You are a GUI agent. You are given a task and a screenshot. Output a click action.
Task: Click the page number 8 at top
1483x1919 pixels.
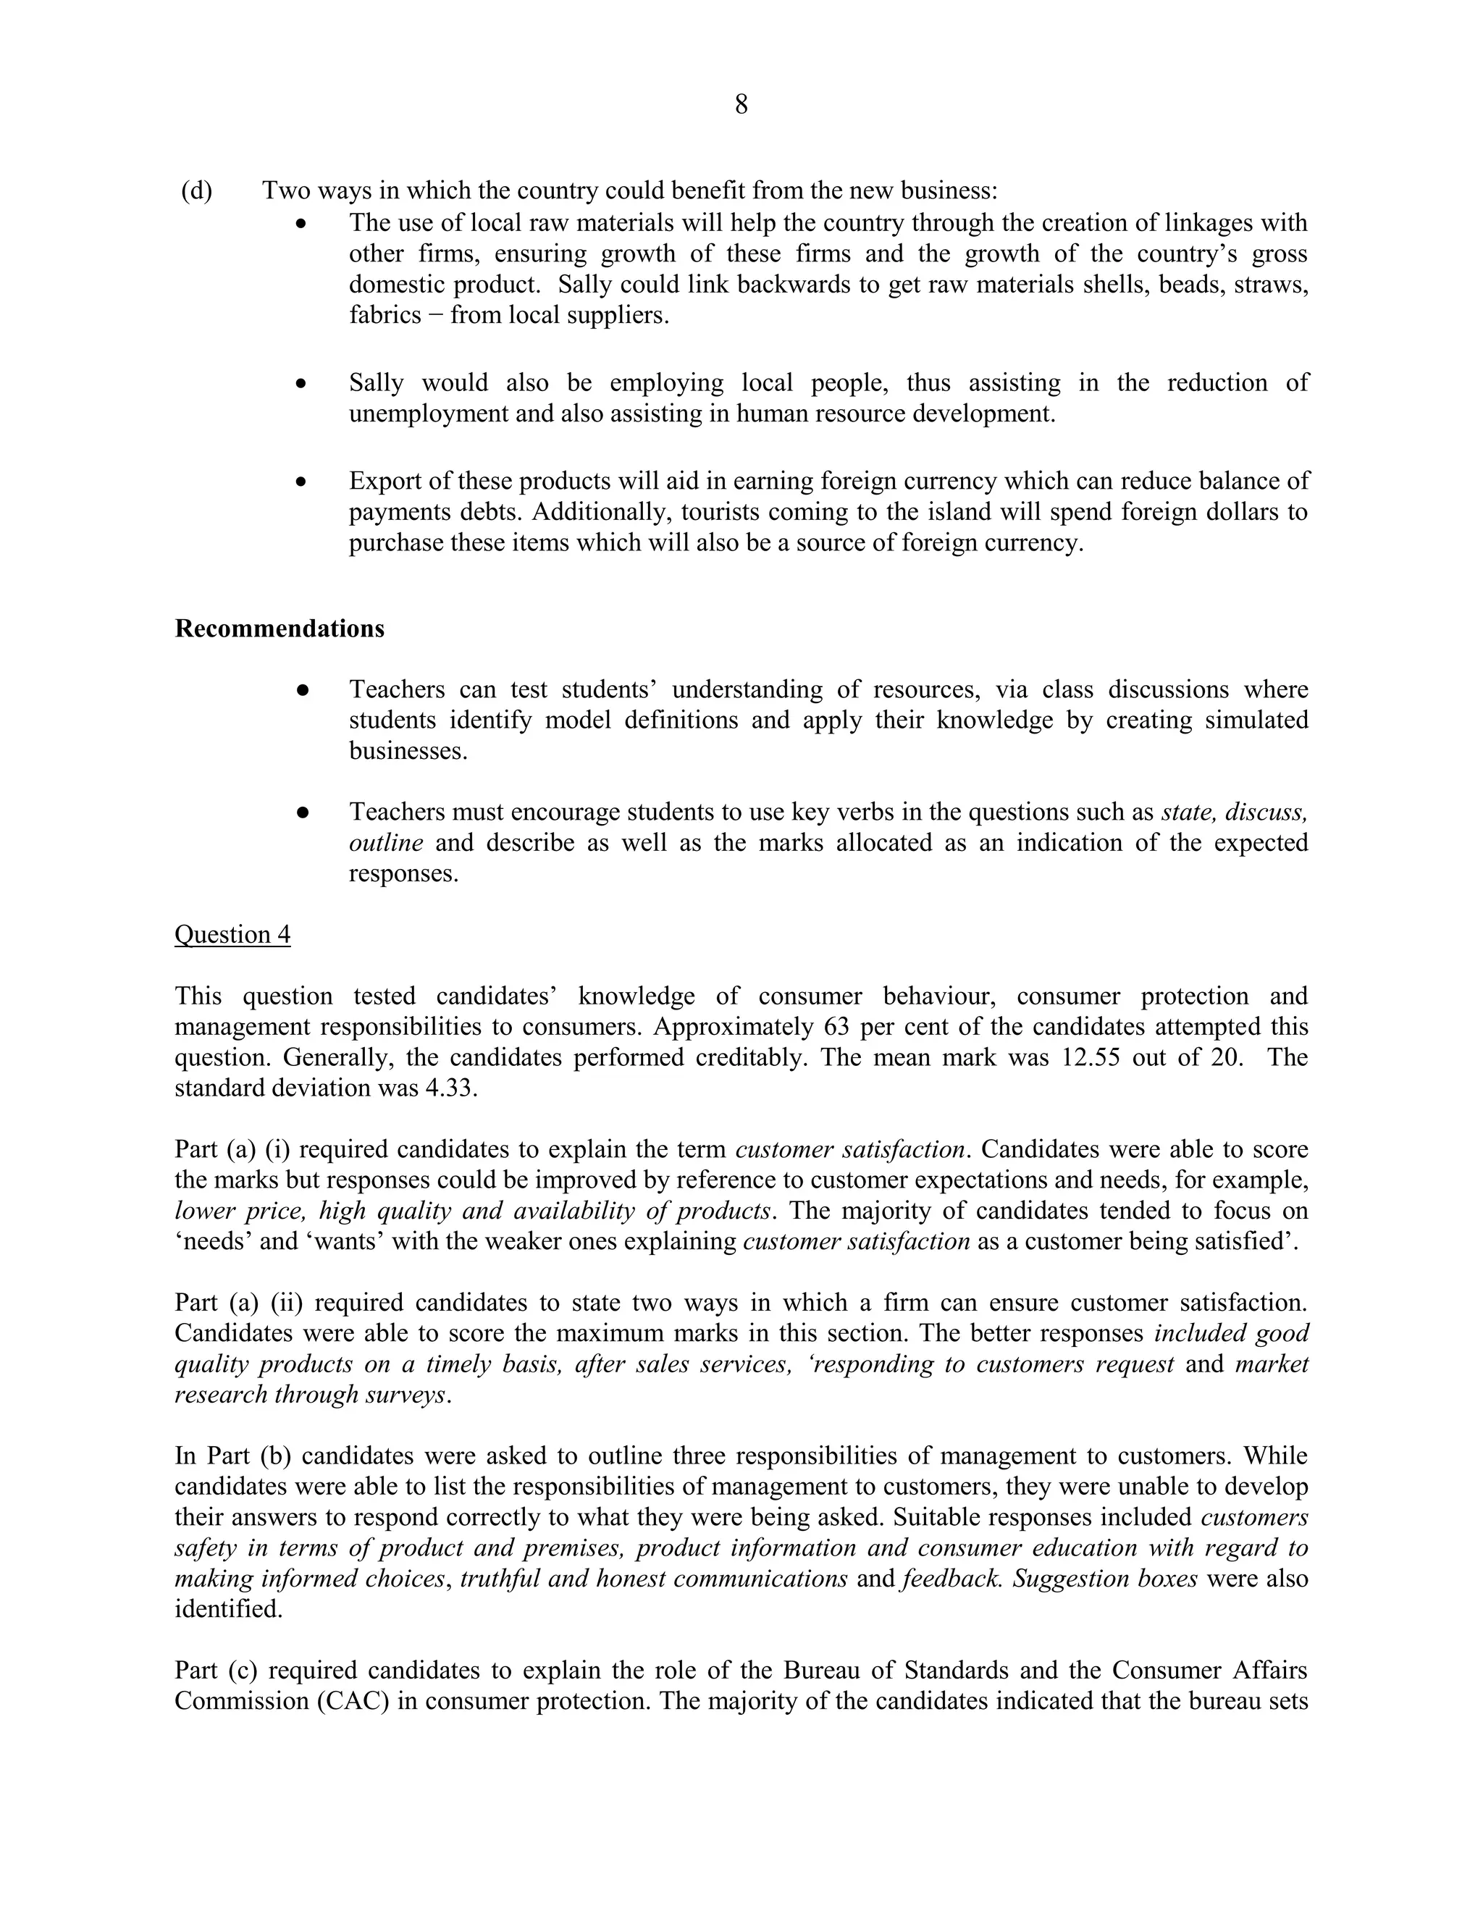click(x=741, y=106)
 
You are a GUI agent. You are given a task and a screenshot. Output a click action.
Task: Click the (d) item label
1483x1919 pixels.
click(x=197, y=190)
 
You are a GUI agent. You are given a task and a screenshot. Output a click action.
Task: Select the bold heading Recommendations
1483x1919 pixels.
click(x=280, y=629)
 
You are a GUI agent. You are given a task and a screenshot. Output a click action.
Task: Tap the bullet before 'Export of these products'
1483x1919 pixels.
click(x=301, y=482)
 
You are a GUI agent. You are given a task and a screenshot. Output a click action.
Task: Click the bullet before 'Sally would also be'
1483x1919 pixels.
click(x=301, y=383)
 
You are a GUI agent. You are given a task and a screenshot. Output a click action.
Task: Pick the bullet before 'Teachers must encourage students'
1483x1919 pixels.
click(x=301, y=812)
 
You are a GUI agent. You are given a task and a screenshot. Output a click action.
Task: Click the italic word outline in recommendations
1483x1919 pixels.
click(x=385, y=844)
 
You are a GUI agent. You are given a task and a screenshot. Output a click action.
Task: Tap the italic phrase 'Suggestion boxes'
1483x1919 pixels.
click(x=1104, y=1578)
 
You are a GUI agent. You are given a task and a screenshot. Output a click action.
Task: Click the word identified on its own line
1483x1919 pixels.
click(x=227, y=1609)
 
